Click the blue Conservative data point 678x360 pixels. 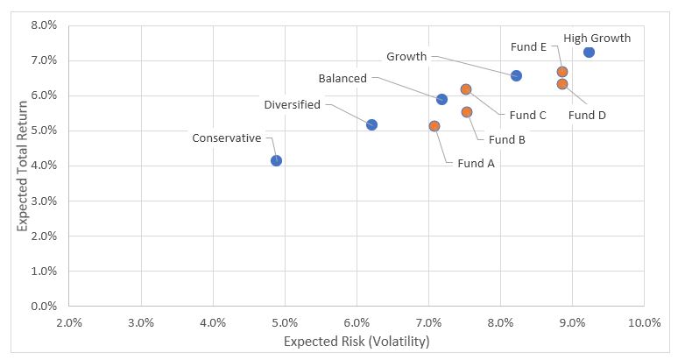pos(276,160)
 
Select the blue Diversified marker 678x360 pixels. pos(371,124)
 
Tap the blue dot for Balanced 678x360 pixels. pos(441,99)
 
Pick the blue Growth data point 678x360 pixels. pos(516,75)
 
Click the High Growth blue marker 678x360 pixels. pos(589,53)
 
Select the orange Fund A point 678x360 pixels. pos(434,126)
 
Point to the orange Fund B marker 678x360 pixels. pos(467,112)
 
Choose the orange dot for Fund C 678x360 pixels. pos(466,89)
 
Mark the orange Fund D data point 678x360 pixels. pos(562,84)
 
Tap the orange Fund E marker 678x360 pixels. pos(562,72)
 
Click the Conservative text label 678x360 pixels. pos(227,138)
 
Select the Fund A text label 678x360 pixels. pos(476,163)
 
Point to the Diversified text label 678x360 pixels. pos(293,105)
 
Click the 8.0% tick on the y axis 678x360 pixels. pos(44,25)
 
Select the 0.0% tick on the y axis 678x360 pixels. pos(44,306)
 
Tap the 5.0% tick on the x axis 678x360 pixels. pos(285,321)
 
